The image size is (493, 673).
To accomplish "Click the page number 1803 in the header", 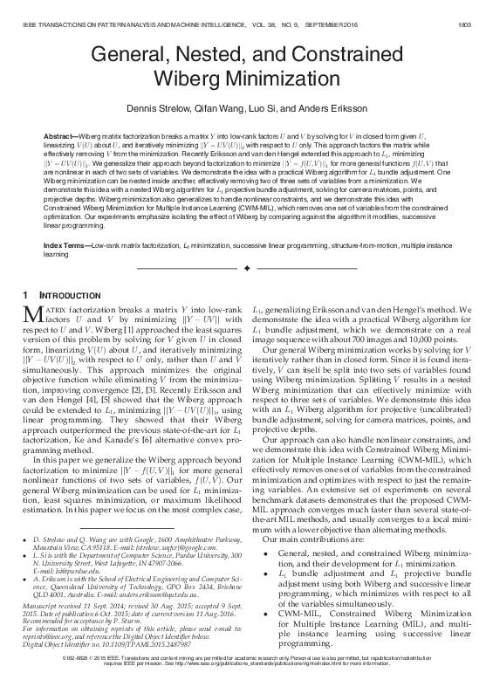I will pyautogui.click(x=471, y=12).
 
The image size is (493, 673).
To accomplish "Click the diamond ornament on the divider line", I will pyautogui.click(x=247, y=267).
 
